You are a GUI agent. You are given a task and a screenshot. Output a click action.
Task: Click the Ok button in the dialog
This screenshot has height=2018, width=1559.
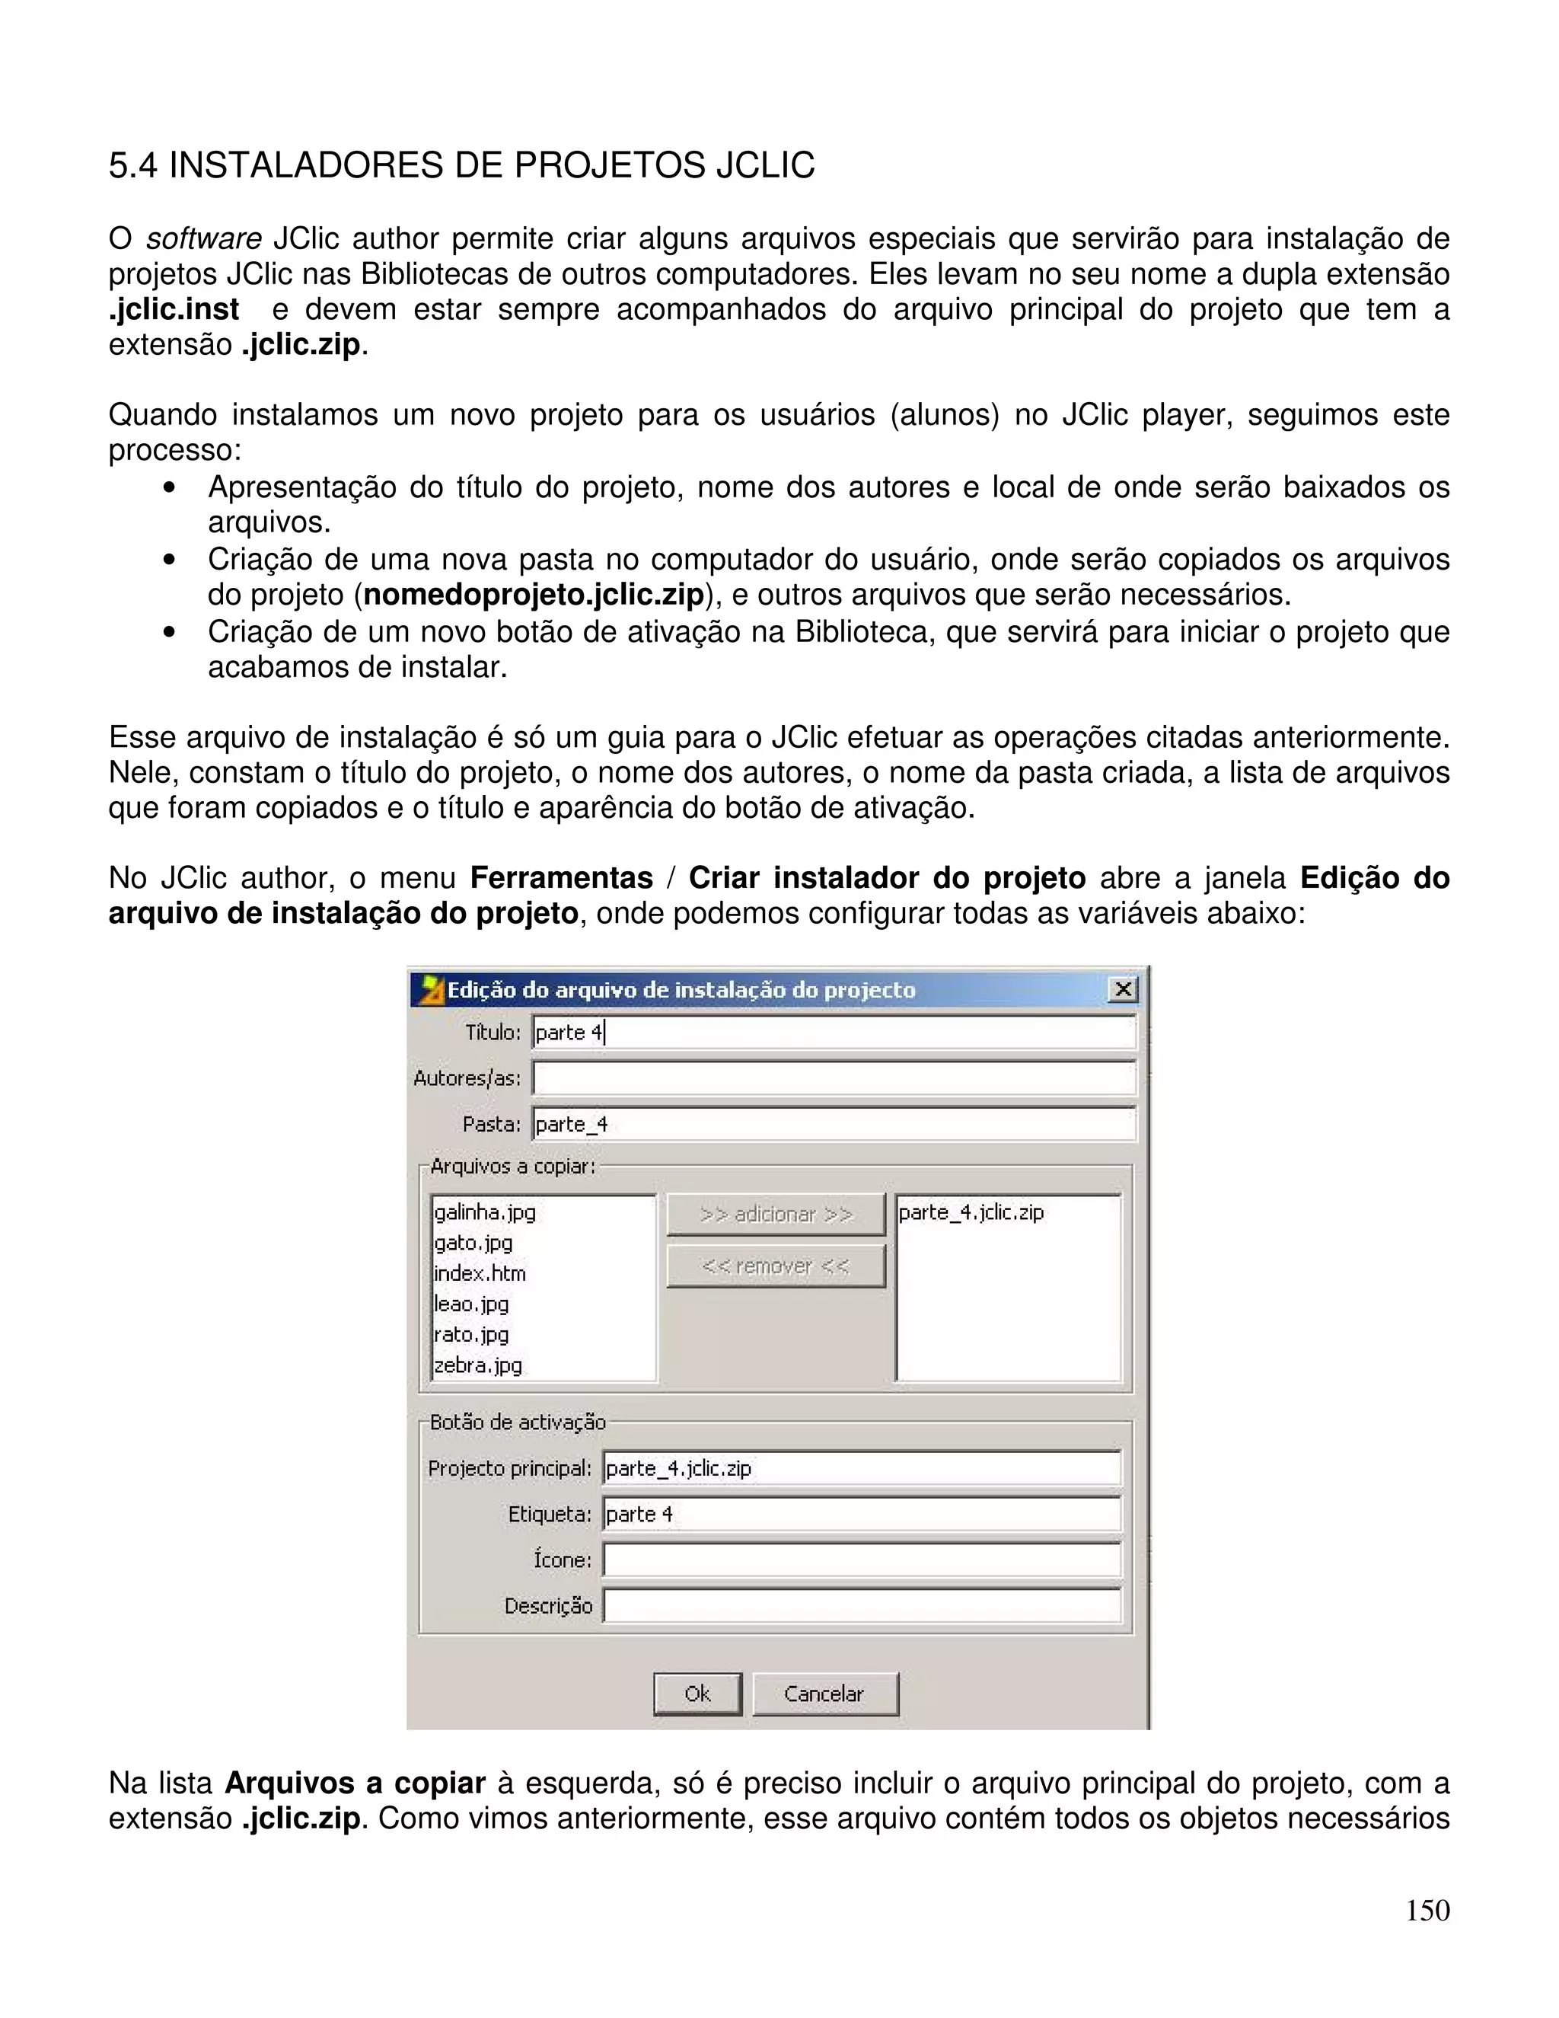pyautogui.click(x=697, y=1694)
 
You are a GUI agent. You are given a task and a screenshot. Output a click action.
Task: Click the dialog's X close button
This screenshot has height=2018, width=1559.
pyautogui.click(x=1122, y=990)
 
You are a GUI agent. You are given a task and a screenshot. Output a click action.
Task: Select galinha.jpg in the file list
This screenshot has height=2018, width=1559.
pyautogui.click(x=485, y=1212)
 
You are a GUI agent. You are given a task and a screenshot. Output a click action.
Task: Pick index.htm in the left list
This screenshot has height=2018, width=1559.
pyautogui.click(x=480, y=1273)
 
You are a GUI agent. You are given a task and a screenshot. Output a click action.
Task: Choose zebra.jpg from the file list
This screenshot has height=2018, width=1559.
pyautogui.click(x=478, y=1365)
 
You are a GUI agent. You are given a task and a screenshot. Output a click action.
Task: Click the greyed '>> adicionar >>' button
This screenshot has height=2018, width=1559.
pyautogui.click(x=776, y=1214)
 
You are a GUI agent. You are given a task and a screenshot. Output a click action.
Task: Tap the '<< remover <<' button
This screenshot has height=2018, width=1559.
pyautogui.click(x=776, y=1266)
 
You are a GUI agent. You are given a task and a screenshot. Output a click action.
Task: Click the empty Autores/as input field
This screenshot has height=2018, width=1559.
pyautogui.click(x=834, y=1078)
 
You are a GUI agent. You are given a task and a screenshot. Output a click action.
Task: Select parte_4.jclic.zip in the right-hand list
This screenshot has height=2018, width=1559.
pyautogui.click(x=971, y=1212)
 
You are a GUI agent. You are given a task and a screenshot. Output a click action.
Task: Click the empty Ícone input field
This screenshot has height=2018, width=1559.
pyautogui.click(x=861, y=1560)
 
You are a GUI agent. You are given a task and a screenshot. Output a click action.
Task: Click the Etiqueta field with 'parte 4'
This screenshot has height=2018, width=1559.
pyautogui.click(x=861, y=1515)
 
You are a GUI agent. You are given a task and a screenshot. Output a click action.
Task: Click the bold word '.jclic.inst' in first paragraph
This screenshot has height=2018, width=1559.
pyautogui.click(x=174, y=309)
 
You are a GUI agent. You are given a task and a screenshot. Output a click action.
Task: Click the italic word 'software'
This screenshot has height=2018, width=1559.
pyautogui.click(x=203, y=239)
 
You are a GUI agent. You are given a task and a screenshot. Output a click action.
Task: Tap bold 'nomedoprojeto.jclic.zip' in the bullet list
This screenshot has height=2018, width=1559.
pyautogui.click(x=534, y=595)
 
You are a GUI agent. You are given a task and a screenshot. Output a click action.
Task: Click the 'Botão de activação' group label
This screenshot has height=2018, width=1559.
pyautogui.click(x=517, y=1422)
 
